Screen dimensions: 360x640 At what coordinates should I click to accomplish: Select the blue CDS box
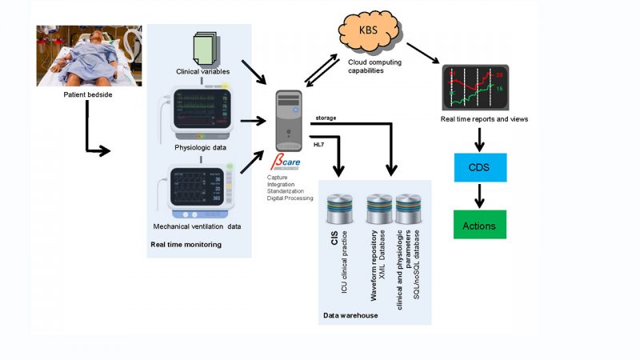[479, 170]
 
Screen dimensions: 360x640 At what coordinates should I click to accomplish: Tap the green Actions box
[479, 226]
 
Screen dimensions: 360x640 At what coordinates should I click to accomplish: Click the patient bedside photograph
[89, 55]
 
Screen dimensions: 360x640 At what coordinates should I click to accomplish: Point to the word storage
[326, 118]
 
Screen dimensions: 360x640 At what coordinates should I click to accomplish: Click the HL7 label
[318, 145]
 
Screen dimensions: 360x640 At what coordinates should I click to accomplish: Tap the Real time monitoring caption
[186, 244]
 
